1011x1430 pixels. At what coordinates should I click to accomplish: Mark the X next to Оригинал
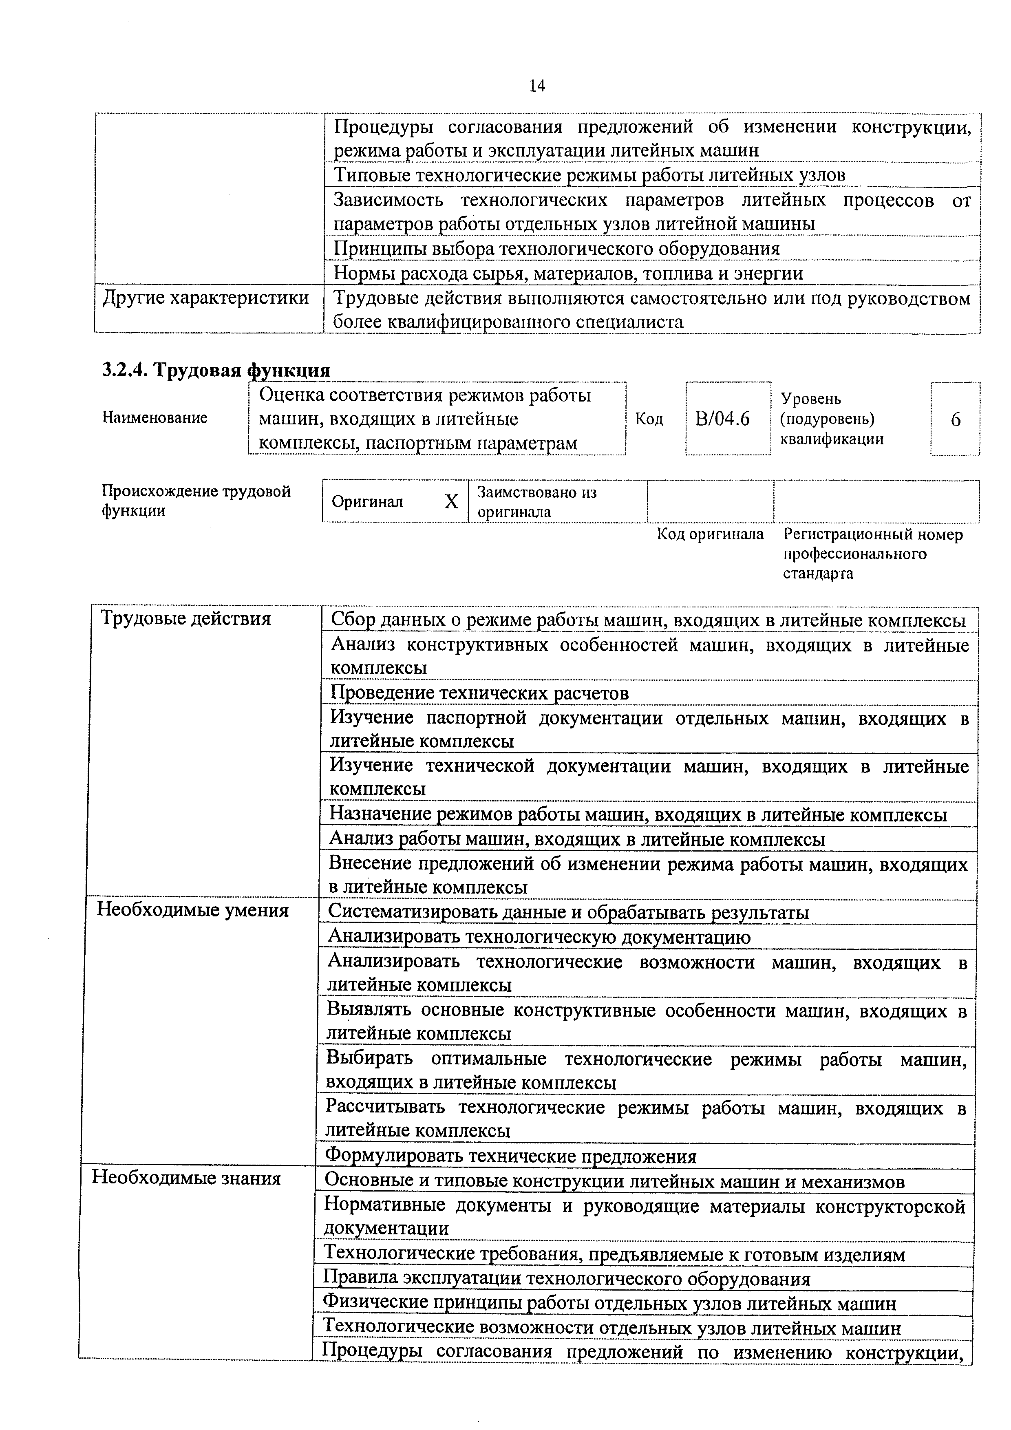coord(451,502)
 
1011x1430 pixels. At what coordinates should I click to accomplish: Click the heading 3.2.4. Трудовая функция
coord(216,370)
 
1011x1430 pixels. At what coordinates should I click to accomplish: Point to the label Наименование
coord(155,418)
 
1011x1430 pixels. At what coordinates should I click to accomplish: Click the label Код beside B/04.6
coord(649,419)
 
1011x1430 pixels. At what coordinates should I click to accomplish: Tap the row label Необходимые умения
coord(192,911)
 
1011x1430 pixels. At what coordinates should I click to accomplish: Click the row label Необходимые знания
coord(186,1178)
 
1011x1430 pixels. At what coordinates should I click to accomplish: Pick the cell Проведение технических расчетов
coord(479,693)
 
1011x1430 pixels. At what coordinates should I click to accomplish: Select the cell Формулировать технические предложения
coord(510,1156)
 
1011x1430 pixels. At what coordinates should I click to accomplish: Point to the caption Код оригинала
coord(710,534)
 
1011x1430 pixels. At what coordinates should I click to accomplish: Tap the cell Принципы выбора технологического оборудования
coord(557,249)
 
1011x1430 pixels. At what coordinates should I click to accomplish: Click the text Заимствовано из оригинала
coord(537,502)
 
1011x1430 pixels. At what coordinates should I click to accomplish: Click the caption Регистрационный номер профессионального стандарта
coord(872,554)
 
